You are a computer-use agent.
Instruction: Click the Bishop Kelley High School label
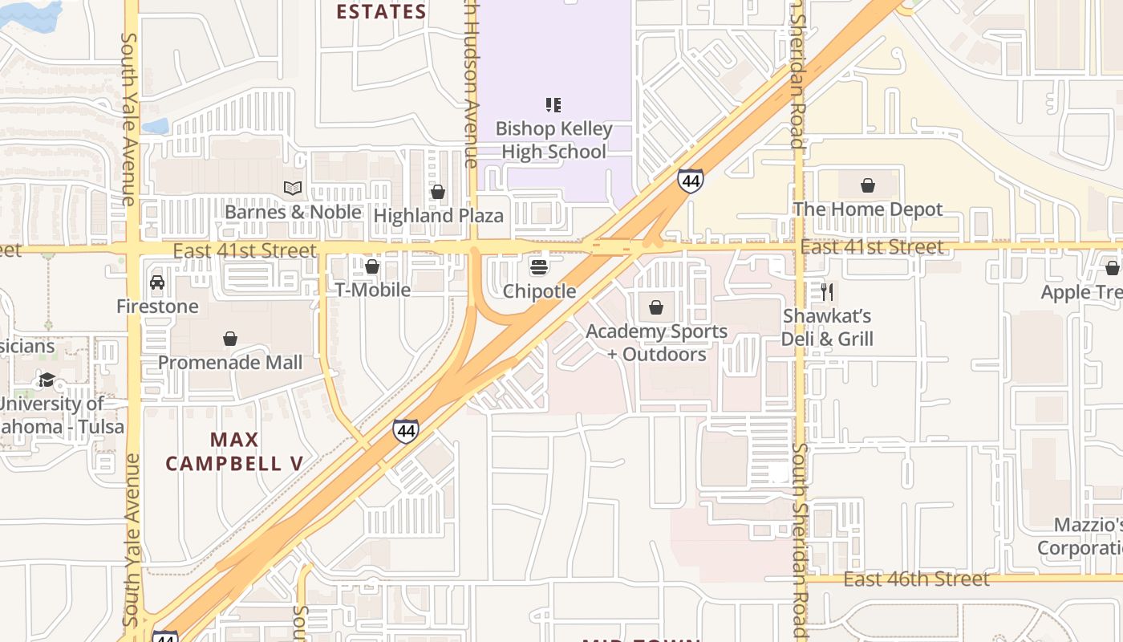pos(553,140)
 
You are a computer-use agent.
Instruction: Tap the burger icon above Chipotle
pos(539,266)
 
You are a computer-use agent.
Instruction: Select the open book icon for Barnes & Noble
pos(293,188)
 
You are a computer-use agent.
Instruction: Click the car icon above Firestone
pos(157,282)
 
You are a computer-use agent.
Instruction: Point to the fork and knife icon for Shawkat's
pos(827,291)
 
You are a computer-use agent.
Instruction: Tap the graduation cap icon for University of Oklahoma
pos(47,380)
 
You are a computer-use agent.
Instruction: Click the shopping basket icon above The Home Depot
pos(867,186)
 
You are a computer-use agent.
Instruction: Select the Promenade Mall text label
pos(230,362)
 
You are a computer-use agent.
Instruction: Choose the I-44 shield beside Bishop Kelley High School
pos(690,180)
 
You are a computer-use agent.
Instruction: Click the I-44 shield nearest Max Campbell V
pos(406,431)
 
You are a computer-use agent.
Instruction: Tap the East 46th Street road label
pos(916,579)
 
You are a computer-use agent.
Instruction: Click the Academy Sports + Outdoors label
pos(656,343)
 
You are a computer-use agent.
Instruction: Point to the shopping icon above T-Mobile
pos(372,266)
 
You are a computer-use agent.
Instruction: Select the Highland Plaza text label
pos(439,215)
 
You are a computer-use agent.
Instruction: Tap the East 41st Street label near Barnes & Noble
pos(245,250)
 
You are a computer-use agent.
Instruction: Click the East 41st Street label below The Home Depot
pos(872,247)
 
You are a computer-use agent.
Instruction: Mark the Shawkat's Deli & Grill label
pos(827,327)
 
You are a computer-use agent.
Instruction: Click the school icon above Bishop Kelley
pos(553,104)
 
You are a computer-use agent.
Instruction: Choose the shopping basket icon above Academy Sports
pos(656,307)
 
